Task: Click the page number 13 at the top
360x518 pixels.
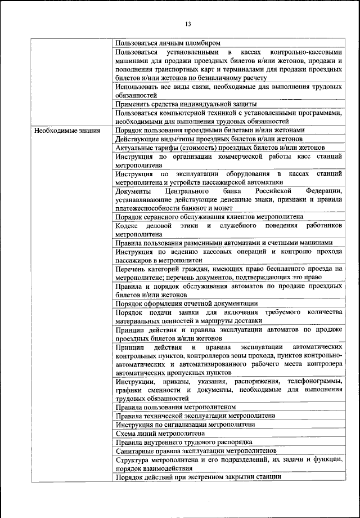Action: (x=188, y=23)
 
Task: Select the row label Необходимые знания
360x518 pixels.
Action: (x=67, y=130)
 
